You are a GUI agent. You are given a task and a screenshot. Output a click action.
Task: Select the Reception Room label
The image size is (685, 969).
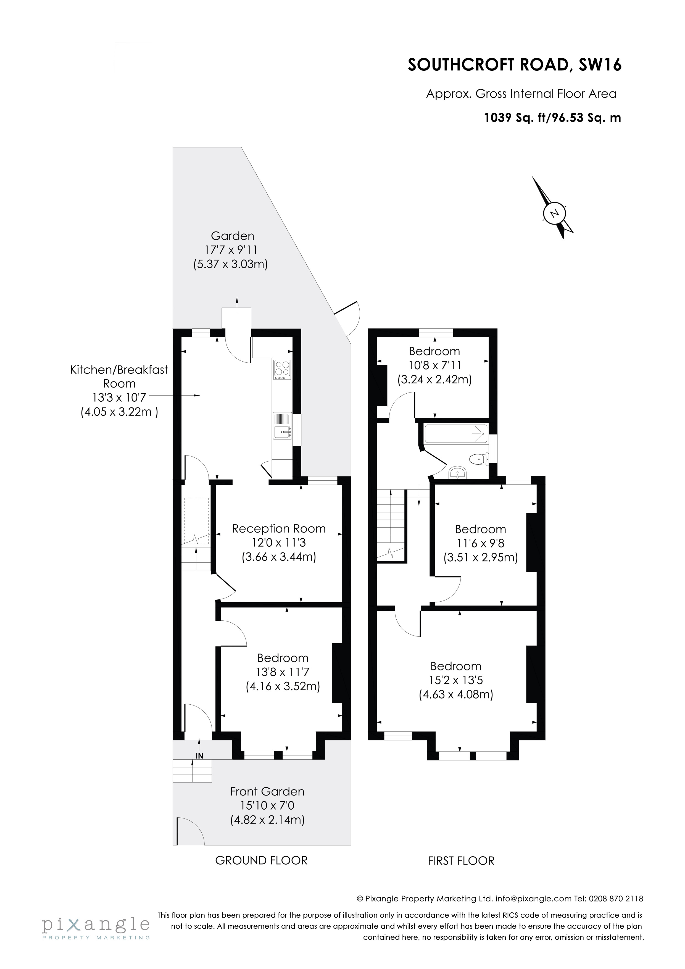tap(279, 528)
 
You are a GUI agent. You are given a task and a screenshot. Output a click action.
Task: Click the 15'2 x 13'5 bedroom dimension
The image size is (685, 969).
tap(456, 680)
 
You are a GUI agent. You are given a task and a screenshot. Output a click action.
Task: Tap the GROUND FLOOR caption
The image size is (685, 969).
tap(261, 860)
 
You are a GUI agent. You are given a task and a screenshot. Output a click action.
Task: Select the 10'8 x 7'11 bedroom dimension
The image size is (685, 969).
tap(435, 365)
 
